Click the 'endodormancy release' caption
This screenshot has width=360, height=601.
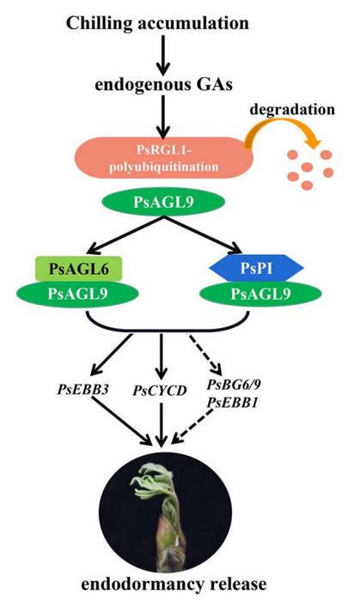click(x=163, y=584)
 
